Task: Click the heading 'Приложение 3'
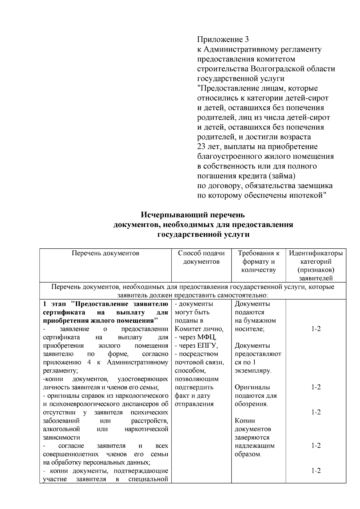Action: tap(223, 39)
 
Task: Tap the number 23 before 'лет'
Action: tap(201, 147)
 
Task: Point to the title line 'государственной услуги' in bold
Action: tap(203, 234)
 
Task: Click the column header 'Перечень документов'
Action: tap(105, 253)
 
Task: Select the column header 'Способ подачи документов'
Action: tap(201, 257)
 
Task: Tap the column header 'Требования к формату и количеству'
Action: tap(258, 261)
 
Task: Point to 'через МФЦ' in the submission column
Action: tap(197, 337)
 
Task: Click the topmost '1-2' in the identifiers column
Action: tap(316, 329)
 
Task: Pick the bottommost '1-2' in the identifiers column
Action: tap(316, 470)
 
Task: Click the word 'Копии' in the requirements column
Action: tap(245, 421)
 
